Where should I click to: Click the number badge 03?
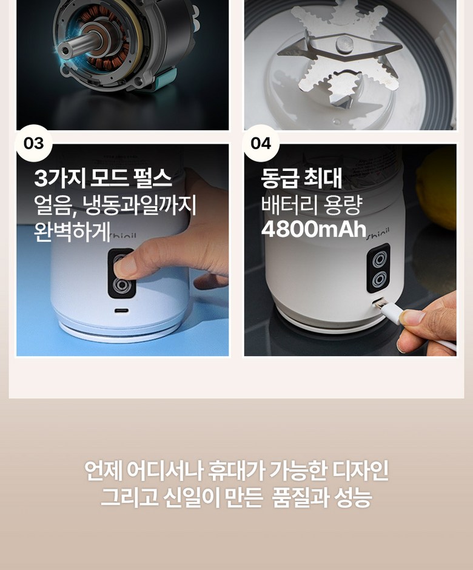pyautogui.click(x=33, y=143)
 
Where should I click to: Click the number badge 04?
pyautogui.click(x=261, y=143)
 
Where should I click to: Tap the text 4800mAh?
pyautogui.click(x=314, y=229)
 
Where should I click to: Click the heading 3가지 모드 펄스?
pyautogui.click(x=103, y=178)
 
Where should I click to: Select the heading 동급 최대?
pyautogui.click(x=301, y=178)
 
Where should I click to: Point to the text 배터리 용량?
pyautogui.click(x=312, y=205)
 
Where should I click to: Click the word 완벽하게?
pyautogui.click(x=72, y=231)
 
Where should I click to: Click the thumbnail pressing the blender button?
pyautogui.click(x=124, y=266)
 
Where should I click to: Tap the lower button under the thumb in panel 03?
pyautogui.click(x=121, y=286)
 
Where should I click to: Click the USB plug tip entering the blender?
pyautogui.click(x=379, y=303)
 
